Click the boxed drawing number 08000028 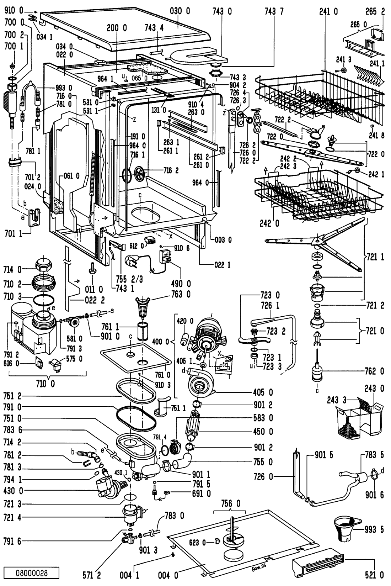[x=32, y=573]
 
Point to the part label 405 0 [x=263, y=392]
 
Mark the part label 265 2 [x=374, y=11]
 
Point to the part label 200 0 [x=117, y=28]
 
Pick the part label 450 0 [x=263, y=432]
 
